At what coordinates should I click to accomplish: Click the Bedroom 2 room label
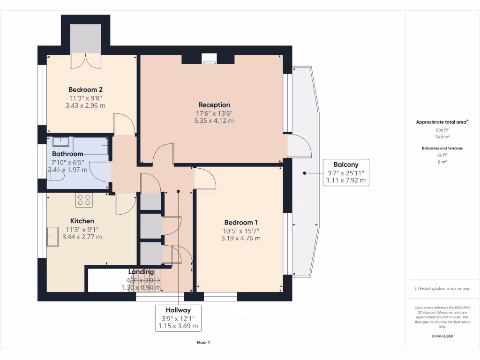85,90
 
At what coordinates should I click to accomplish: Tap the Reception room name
214,105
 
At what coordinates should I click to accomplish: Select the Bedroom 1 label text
240,222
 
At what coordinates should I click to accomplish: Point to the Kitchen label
82,221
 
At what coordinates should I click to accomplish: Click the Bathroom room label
67,154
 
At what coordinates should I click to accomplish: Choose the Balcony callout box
346,172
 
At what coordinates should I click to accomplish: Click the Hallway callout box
178,318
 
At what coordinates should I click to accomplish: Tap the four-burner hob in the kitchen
83,200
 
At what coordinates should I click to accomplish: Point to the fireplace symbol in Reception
209,59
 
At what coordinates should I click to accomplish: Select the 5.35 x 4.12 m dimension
214,120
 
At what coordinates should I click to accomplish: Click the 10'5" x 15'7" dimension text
240,231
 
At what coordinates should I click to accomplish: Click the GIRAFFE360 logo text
442,336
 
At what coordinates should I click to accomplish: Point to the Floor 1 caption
203,343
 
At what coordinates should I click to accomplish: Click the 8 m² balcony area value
442,162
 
